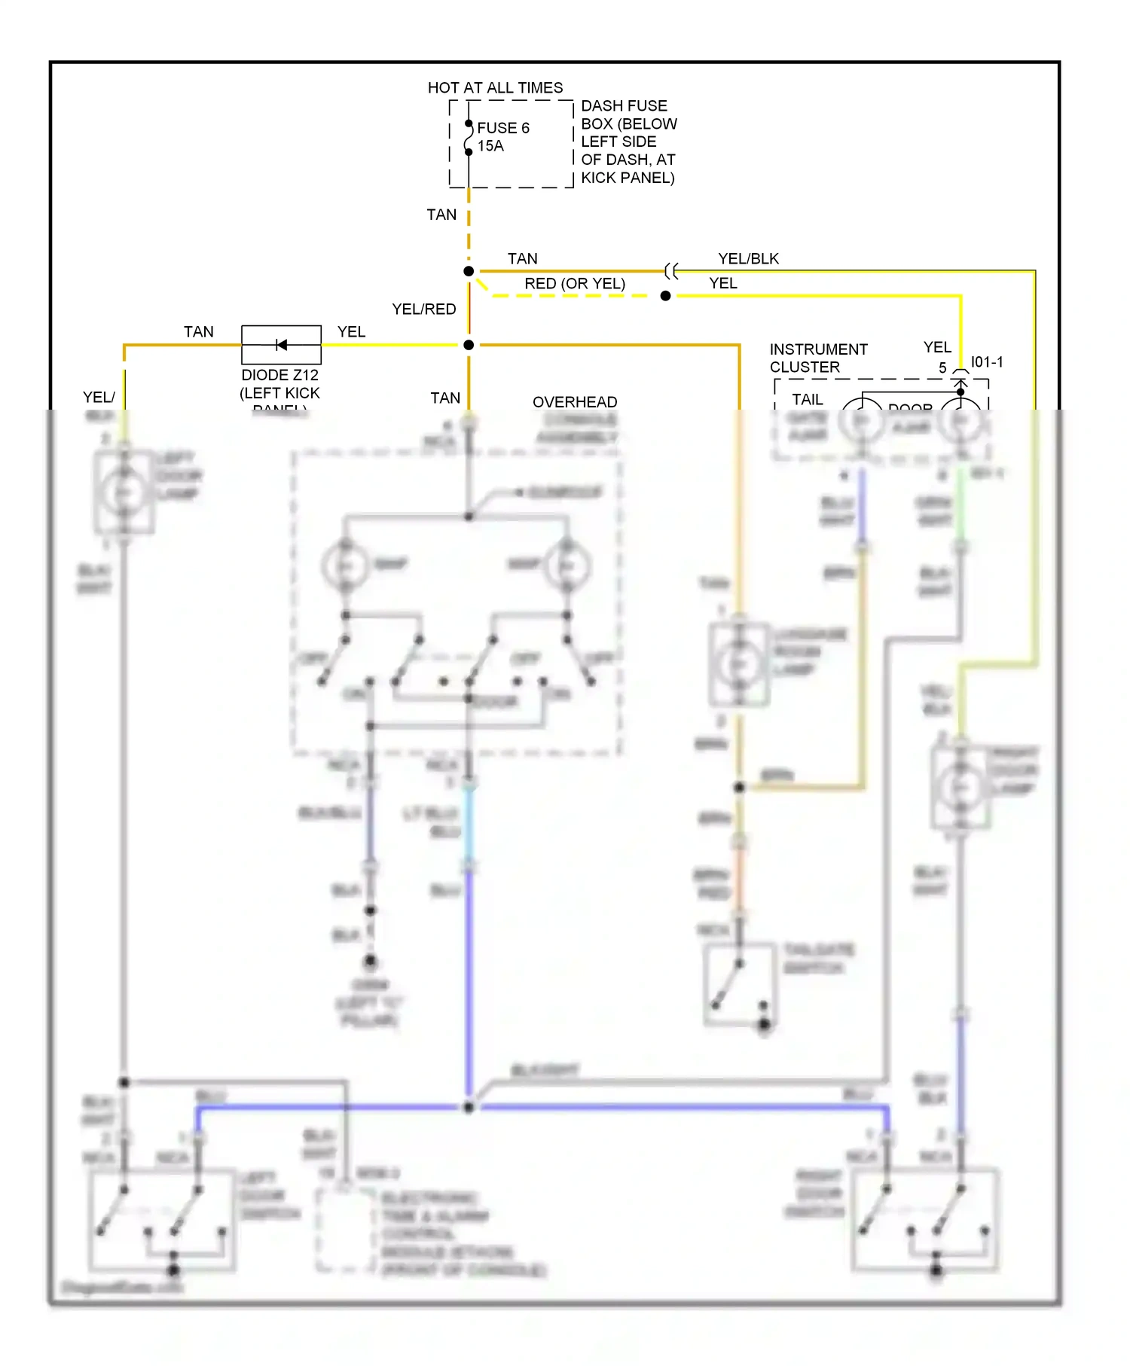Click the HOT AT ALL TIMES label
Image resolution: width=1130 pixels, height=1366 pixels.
(x=495, y=87)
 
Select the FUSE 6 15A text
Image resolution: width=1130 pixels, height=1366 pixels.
(x=502, y=136)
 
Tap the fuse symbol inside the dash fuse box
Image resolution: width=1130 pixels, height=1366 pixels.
(x=469, y=138)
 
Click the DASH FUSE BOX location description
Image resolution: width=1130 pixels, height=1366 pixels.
(x=628, y=142)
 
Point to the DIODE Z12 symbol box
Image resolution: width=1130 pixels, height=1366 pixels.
(x=281, y=345)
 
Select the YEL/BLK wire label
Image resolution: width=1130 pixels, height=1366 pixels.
(x=748, y=258)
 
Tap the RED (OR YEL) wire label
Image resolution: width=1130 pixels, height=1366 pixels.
(x=574, y=283)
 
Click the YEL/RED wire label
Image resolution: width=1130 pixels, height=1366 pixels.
(x=423, y=309)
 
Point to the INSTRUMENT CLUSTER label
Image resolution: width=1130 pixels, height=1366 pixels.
(x=817, y=358)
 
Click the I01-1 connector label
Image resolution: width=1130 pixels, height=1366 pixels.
(x=986, y=362)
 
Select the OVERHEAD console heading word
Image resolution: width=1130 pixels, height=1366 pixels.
(x=574, y=401)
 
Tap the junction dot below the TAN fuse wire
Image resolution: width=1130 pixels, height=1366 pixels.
(x=469, y=271)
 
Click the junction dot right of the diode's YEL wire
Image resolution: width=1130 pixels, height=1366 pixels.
(x=469, y=345)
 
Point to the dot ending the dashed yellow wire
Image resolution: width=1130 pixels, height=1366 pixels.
(x=665, y=296)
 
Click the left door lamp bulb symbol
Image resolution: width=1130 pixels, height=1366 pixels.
(x=123, y=493)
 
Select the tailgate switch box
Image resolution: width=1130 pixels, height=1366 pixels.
(x=739, y=983)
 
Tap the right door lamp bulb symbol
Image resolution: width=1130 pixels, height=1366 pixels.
(x=960, y=787)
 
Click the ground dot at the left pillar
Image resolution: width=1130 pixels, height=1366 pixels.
(x=370, y=962)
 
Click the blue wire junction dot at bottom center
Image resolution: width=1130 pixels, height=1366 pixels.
(x=469, y=1107)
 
